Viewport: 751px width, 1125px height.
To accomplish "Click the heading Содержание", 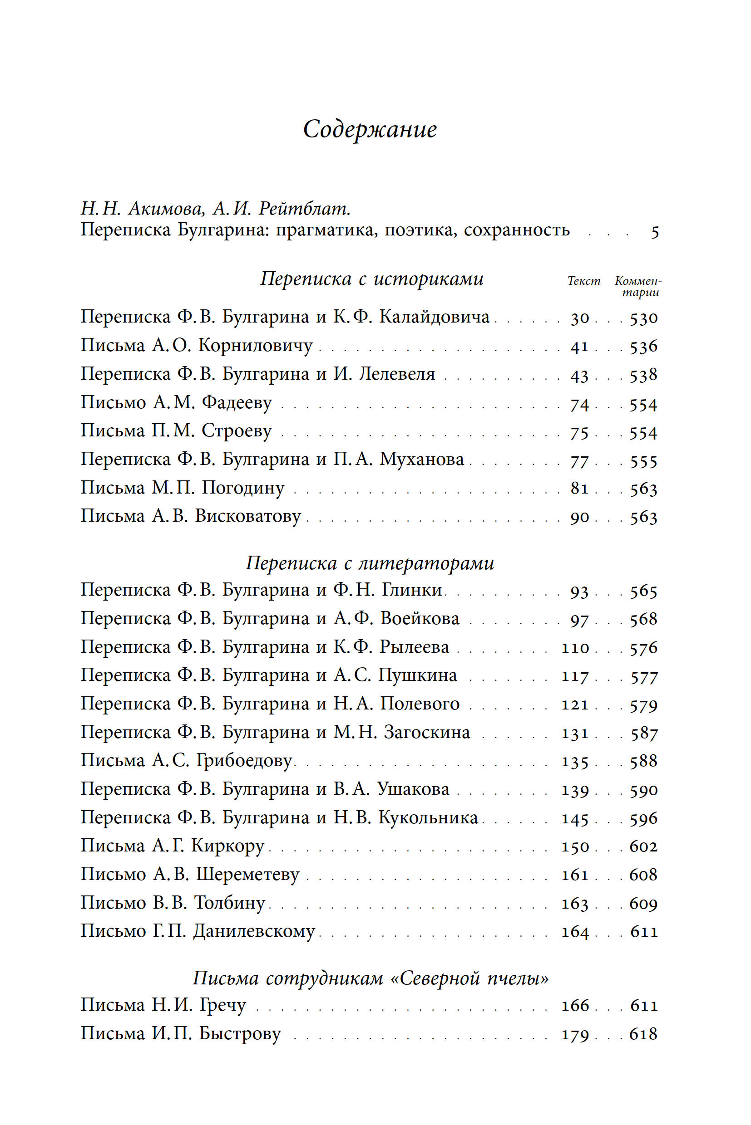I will (x=370, y=130).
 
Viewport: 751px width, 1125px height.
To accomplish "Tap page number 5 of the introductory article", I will (x=655, y=232).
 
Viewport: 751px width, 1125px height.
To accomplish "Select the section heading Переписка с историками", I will (x=372, y=279).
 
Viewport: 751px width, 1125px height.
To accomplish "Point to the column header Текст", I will (x=583, y=281).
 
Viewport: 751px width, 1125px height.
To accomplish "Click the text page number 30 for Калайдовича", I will (x=579, y=318).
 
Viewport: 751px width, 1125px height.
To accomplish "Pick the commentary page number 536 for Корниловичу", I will (x=643, y=347).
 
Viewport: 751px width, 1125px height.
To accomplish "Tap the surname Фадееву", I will (x=237, y=403).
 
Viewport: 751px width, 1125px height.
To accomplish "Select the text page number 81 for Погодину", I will (x=579, y=489).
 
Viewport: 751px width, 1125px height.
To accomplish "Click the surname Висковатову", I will (x=247, y=516).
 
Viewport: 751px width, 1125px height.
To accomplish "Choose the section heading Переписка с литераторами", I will (x=370, y=563).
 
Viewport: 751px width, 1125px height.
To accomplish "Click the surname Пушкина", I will (x=418, y=675).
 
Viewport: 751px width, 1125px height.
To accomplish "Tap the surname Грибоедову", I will (x=244, y=761).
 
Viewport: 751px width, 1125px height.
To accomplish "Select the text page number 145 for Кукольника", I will (x=575, y=819).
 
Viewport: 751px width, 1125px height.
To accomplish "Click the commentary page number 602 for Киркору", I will (x=643, y=846).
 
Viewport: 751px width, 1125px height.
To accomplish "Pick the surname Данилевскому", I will (x=254, y=931).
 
